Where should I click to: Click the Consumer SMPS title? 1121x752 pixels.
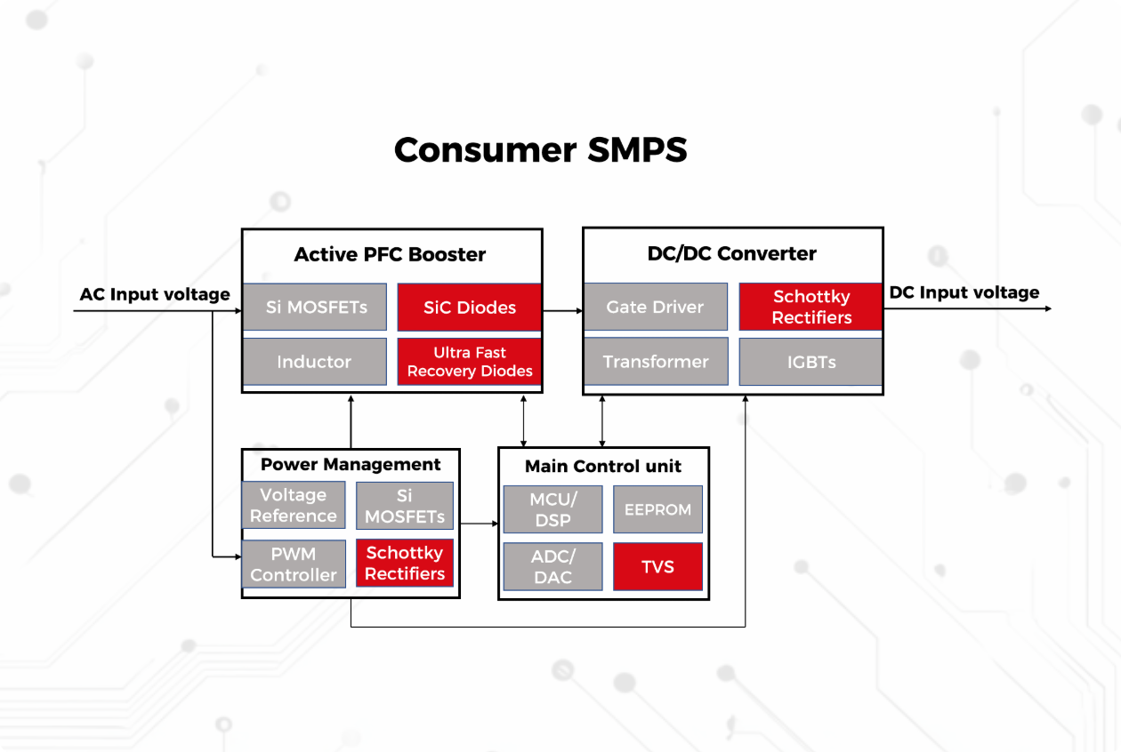click(540, 150)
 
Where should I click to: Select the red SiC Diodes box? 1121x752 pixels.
click(469, 308)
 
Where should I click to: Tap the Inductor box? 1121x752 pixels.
click(314, 362)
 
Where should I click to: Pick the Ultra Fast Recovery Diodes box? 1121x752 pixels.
click(469, 362)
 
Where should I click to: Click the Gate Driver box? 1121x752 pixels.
click(655, 308)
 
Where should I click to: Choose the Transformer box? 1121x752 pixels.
click(655, 362)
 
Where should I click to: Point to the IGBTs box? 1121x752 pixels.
click(811, 362)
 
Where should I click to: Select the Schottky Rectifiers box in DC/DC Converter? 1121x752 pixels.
click(811, 308)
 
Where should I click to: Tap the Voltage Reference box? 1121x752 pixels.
click(293, 506)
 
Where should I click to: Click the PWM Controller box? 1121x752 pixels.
click(293, 564)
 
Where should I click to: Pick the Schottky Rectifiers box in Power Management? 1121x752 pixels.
click(405, 564)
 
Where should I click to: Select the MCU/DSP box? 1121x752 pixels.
click(552, 509)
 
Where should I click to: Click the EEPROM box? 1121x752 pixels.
click(657, 509)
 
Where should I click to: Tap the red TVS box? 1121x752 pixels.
click(657, 566)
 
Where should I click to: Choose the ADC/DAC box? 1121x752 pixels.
click(552, 566)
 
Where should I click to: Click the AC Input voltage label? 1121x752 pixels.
click(155, 294)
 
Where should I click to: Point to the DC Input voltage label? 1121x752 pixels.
click(964, 292)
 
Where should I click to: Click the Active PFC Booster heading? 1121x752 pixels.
click(390, 254)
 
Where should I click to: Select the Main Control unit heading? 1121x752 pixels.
click(602, 466)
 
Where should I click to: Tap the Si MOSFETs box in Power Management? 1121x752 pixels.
click(405, 506)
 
